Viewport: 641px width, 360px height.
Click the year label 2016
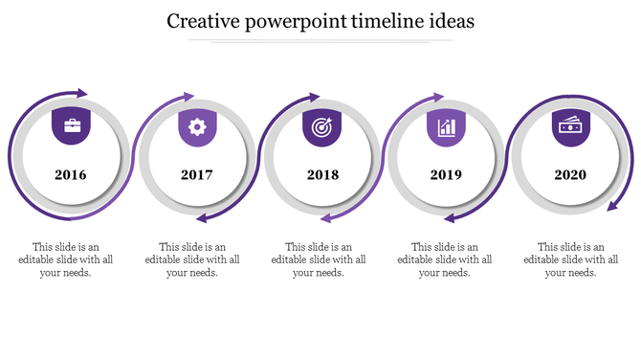click(x=70, y=175)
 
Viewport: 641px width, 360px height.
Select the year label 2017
click(x=196, y=175)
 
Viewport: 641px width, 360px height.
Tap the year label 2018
click(x=322, y=175)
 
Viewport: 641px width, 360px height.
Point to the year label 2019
click(x=446, y=175)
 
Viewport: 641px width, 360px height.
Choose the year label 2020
click(x=570, y=175)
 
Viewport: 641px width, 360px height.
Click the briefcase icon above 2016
click(x=72, y=125)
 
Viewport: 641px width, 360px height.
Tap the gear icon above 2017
click(x=197, y=125)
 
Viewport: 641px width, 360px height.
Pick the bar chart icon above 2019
click(x=446, y=126)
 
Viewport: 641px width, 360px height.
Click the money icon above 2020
click(x=570, y=125)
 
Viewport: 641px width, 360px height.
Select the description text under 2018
click(x=320, y=259)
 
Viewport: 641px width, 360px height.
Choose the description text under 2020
click(x=571, y=259)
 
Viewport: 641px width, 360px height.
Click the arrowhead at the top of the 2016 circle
click(x=81, y=93)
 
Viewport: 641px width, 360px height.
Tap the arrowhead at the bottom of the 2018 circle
click(x=325, y=218)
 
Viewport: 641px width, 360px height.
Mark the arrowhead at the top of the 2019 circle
click(x=438, y=97)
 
